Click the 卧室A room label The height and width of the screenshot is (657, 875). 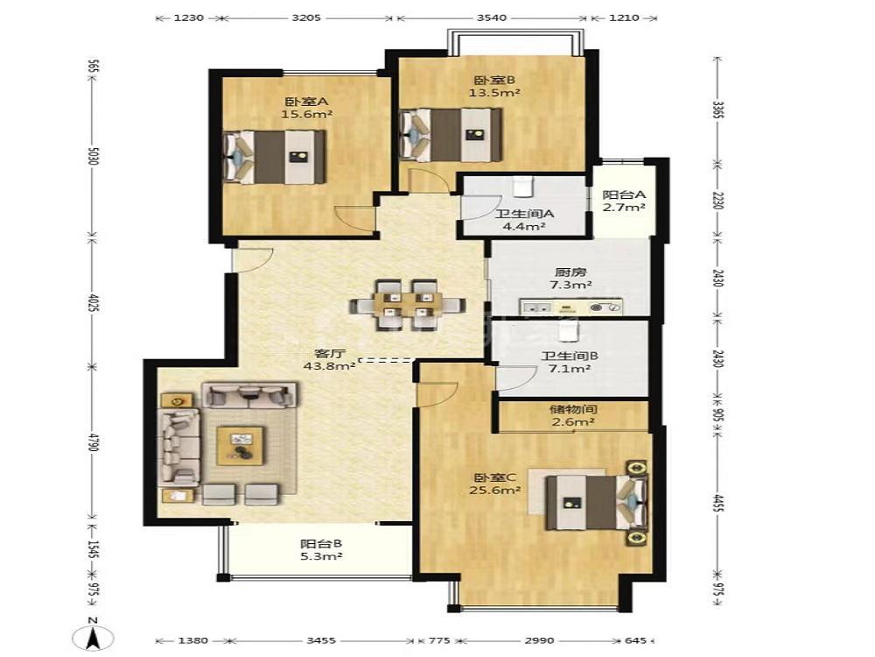click(x=307, y=102)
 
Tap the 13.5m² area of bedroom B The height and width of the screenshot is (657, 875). click(x=493, y=93)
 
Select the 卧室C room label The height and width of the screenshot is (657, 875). click(x=495, y=477)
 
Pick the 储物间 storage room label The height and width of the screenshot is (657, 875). click(x=573, y=409)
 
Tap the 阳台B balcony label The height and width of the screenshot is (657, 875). click(x=321, y=543)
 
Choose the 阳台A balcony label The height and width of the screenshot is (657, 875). click(x=624, y=195)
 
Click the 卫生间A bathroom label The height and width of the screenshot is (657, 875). click(x=524, y=214)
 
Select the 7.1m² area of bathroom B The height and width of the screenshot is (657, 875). click(x=570, y=369)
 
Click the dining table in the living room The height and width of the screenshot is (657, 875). click(x=408, y=306)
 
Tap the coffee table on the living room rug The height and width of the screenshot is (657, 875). click(x=241, y=445)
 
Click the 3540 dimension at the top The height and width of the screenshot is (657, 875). click(x=492, y=18)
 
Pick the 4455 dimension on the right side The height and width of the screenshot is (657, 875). click(x=718, y=503)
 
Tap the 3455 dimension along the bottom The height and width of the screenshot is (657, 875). click(x=321, y=640)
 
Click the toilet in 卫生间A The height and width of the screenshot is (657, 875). click(x=523, y=187)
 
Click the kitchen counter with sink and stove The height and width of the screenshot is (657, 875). click(x=570, y=307)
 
